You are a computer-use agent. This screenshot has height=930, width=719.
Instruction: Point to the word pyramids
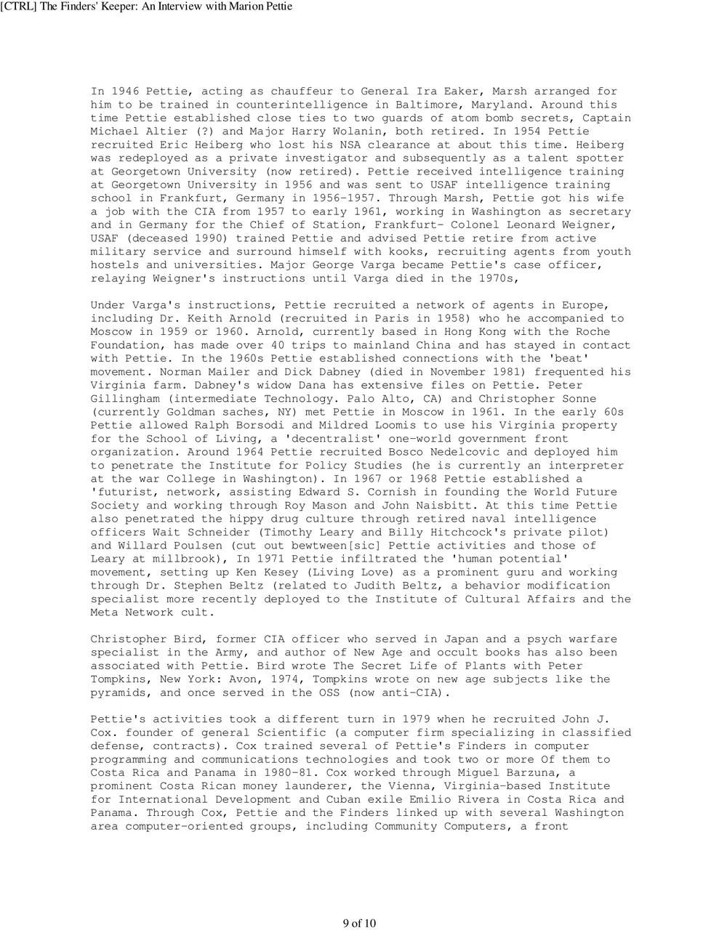point(121,693)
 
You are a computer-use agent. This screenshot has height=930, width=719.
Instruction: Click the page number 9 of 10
point(359,923)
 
